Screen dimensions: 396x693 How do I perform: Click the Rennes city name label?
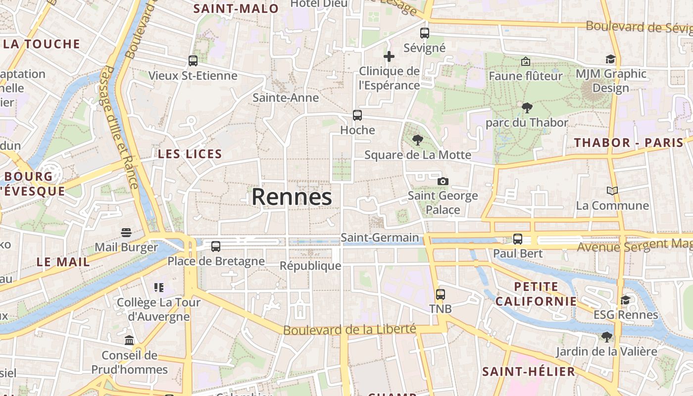click(292, 197)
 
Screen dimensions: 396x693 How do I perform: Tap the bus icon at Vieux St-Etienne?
click(193, 61)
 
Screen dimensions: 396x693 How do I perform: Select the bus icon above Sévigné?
click(425, 33)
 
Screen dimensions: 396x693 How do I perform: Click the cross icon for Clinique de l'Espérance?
click(389, 56)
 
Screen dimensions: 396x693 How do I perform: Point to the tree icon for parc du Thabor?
click(527, 107)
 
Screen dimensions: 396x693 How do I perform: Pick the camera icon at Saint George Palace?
click(443, 181)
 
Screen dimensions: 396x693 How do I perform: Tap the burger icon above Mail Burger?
click(126, 233)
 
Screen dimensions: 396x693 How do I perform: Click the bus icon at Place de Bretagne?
click(216, 246)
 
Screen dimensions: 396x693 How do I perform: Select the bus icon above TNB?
click(441, 295)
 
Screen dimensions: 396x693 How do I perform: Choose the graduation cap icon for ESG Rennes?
click(626, 300)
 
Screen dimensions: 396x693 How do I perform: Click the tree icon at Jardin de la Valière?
click(606, 337)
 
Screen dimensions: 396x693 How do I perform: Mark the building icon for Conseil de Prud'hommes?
click(129, 340)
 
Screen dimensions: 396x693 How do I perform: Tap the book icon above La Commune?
click(612, 191)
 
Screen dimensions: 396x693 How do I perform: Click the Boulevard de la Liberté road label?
click(349, 329)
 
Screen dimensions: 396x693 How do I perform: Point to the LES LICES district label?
click(190, 154)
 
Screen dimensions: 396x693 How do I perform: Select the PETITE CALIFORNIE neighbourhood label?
click(536, 294)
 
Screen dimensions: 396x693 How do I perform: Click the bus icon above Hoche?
click(357, 115)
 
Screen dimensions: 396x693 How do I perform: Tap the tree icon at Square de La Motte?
click(418, 140)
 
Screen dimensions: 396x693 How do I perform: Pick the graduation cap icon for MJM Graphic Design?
click(610, 59)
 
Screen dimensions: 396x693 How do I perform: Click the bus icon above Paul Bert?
click(518, 239)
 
